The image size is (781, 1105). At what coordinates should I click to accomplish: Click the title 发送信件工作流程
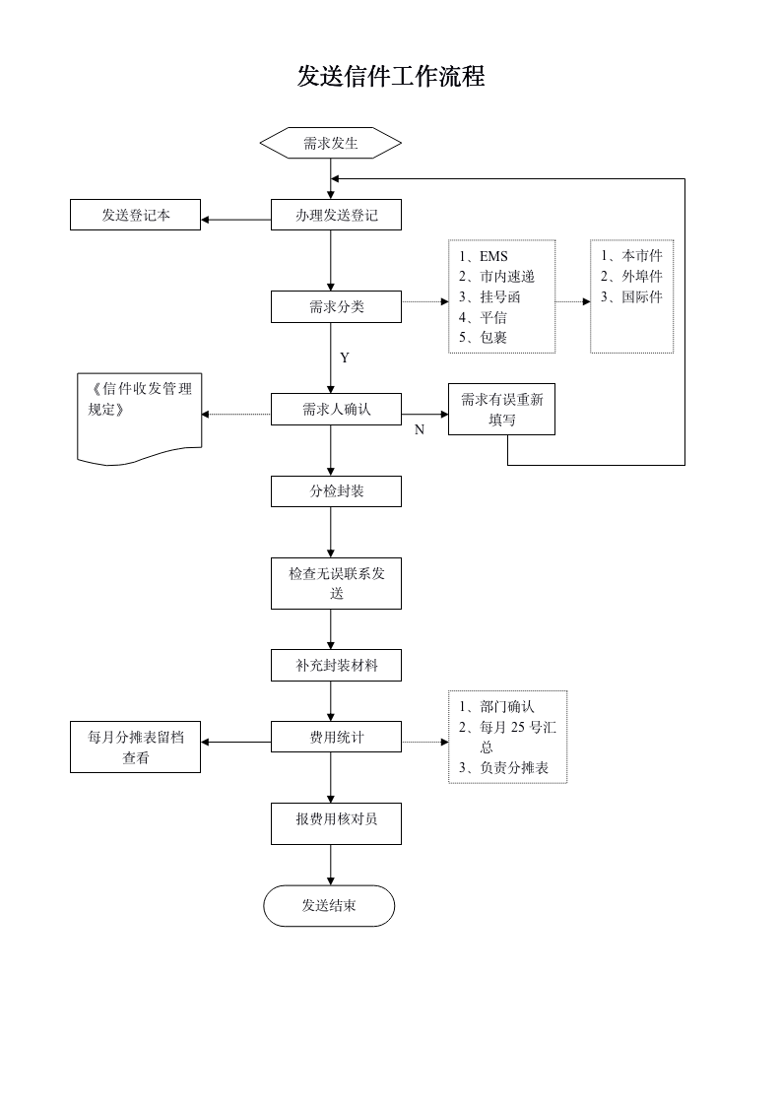tap(390, 77)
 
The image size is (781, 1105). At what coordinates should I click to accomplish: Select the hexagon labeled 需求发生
tap(331, 144)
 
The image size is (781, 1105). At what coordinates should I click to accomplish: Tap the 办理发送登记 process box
tap(336, 216)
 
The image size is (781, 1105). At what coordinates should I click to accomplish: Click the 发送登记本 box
tap(136, 216)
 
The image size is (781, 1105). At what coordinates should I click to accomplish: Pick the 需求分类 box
tap(336, 307)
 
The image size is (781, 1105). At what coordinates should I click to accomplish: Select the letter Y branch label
tap(345, 358)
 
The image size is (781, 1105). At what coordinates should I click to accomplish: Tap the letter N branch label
tap(419, 430)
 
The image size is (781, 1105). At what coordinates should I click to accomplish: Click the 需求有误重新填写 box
tap(501, 410)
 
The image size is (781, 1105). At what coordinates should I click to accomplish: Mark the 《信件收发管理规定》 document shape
tap(140, 414)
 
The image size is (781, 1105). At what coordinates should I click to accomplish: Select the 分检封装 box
tap(336, 491)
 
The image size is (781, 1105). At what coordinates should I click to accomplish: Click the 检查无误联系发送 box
tap(336, 583)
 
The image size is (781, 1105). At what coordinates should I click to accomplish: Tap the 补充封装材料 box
tap(336, 666)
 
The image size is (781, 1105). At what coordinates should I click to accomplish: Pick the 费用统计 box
tap(336, 737)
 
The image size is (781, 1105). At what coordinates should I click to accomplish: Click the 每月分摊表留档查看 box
tap(136, 747)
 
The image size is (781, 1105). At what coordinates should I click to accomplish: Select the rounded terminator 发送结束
tap(329, 906)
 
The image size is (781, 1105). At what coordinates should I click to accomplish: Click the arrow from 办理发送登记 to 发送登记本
tap(236, 219)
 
